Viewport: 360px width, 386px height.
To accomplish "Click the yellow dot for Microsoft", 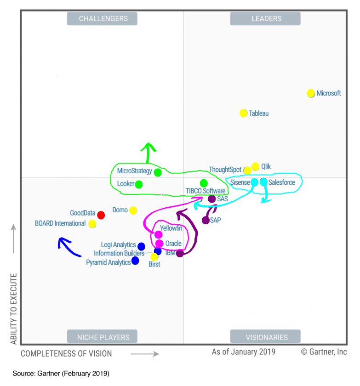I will (x=311, y=93).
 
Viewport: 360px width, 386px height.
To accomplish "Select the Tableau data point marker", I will (x=244, y=113).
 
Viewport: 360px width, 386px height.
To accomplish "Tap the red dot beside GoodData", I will (x=101, y=215).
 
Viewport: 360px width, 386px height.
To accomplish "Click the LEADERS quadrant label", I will (x=266, y=19).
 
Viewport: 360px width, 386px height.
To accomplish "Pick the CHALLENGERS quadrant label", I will (x=103, y=19).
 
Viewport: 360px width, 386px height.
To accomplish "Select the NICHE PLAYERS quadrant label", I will (x=103, y=337).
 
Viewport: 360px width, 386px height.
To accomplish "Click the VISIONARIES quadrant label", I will (x=266, y=337).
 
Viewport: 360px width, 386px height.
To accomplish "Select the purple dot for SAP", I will (x=206, y=220).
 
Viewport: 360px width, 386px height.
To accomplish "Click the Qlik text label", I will (x=266, y=166).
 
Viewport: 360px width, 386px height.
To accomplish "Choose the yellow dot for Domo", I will (x=133, y=210).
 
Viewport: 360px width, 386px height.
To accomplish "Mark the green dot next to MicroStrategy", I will (x=158, y=172).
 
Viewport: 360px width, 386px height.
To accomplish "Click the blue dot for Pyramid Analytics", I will (x=135, y=261).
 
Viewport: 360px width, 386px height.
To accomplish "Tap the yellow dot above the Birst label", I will (x=154, y=257).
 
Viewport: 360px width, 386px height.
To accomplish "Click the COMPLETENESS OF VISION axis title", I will (x=66, y=353).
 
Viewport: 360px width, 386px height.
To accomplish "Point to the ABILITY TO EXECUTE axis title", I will (x=14, y=309).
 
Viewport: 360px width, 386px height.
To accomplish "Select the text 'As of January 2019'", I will (x=244, y=352).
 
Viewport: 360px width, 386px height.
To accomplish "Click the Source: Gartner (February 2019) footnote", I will (x=61, y=373).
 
